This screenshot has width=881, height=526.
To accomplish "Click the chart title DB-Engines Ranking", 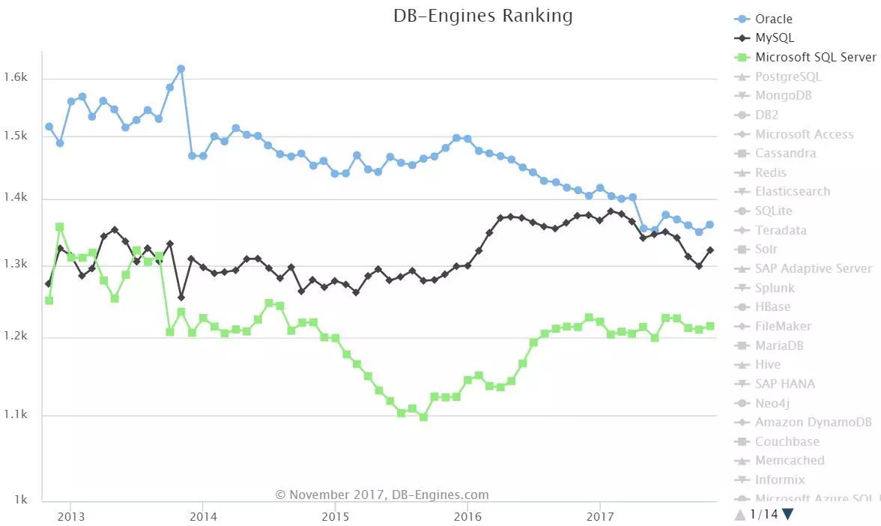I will tap(482, 16).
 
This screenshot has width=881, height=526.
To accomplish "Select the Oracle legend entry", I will tap(773, 19).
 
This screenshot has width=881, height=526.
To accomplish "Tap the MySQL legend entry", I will tap(774, 37).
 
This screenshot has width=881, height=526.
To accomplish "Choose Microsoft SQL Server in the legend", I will tap(815, 57).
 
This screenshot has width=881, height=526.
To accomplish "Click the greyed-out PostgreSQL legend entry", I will tap(788, 76).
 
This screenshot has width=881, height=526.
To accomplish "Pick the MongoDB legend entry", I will tap(783, 95).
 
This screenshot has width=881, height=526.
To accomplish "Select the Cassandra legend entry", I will tap(785, 153).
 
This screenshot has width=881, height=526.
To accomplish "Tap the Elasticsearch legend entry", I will tap(792, 191).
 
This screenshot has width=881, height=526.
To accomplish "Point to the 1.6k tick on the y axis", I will tap(16, 77).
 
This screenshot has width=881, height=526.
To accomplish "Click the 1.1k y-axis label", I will tap(16, 414).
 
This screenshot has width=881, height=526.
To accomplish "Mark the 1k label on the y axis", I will tap(20, 500).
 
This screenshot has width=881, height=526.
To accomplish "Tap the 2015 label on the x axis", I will tap(335, 516).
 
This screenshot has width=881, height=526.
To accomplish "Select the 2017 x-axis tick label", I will tap(600, 516).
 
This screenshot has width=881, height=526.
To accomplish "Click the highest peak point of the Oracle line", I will tap(181, 69).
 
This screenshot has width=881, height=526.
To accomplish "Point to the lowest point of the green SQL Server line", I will tap(423, 417).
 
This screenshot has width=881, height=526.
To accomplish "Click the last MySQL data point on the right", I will tap(709, 250).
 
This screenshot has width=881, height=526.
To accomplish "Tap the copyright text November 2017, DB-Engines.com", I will tap(382, 495).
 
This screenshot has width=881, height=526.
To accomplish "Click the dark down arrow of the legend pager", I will tap(787, 514).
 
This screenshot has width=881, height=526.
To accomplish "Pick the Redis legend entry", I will tap(770, 172).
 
